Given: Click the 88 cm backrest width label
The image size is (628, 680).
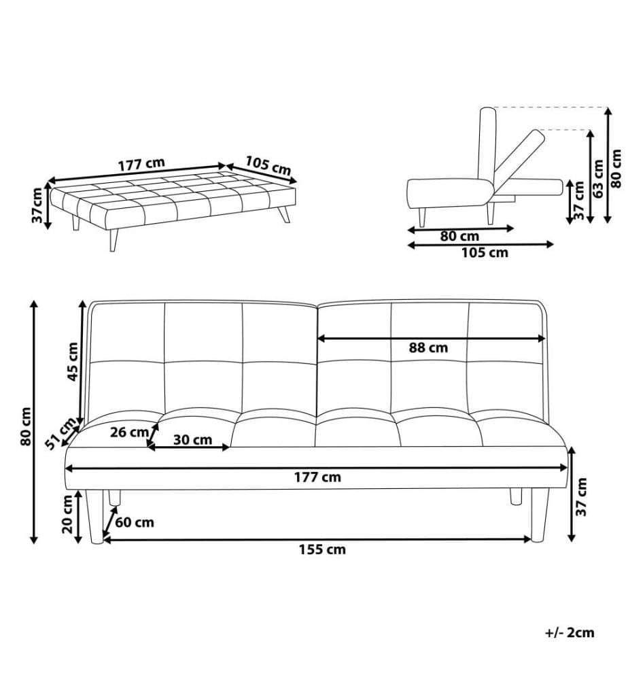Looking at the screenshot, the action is coord(428,347).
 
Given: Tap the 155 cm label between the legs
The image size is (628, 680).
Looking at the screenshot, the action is coord(322,549).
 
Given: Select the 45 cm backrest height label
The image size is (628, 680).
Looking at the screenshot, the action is coord(73,362).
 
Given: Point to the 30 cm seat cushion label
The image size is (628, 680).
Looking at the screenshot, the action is coord(193,440).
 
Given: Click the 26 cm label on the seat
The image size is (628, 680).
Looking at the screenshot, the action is coord(129,432).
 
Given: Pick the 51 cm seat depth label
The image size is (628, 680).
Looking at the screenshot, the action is coord(60,434).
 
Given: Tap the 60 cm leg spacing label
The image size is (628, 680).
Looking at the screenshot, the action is coord(135,522).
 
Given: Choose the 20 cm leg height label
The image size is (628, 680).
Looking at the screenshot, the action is coord(67,514).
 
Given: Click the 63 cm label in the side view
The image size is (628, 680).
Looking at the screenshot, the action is coord(599,179).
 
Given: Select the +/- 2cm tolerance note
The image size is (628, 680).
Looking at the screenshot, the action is coord(569,632).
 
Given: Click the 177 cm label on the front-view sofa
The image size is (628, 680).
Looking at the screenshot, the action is coord(317,477).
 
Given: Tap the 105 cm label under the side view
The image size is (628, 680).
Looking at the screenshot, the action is coord(485,252).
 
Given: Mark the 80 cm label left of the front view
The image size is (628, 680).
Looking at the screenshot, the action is coord(26,426).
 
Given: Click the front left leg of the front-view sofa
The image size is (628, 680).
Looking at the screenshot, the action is coord(94,517).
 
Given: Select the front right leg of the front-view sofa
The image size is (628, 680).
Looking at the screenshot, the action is coord(540,515).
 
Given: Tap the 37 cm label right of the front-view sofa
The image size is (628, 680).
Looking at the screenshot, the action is coord(582,496).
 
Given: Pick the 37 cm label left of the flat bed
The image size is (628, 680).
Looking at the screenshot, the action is coord(37,205).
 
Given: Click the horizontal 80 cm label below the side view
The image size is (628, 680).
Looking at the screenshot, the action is coord(459,237).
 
